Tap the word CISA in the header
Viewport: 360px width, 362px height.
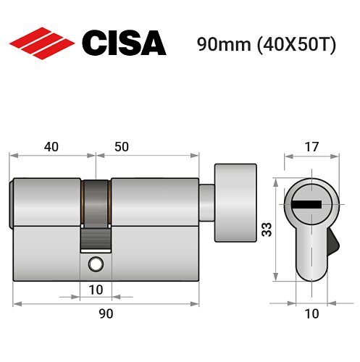[124, 43]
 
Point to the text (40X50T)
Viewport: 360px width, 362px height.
[293, 44]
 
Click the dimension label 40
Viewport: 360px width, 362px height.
[51, 146]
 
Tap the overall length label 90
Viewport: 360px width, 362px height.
[106, 313]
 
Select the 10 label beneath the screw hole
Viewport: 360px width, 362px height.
[96, 290]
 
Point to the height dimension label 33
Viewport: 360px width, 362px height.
[265, 230]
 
